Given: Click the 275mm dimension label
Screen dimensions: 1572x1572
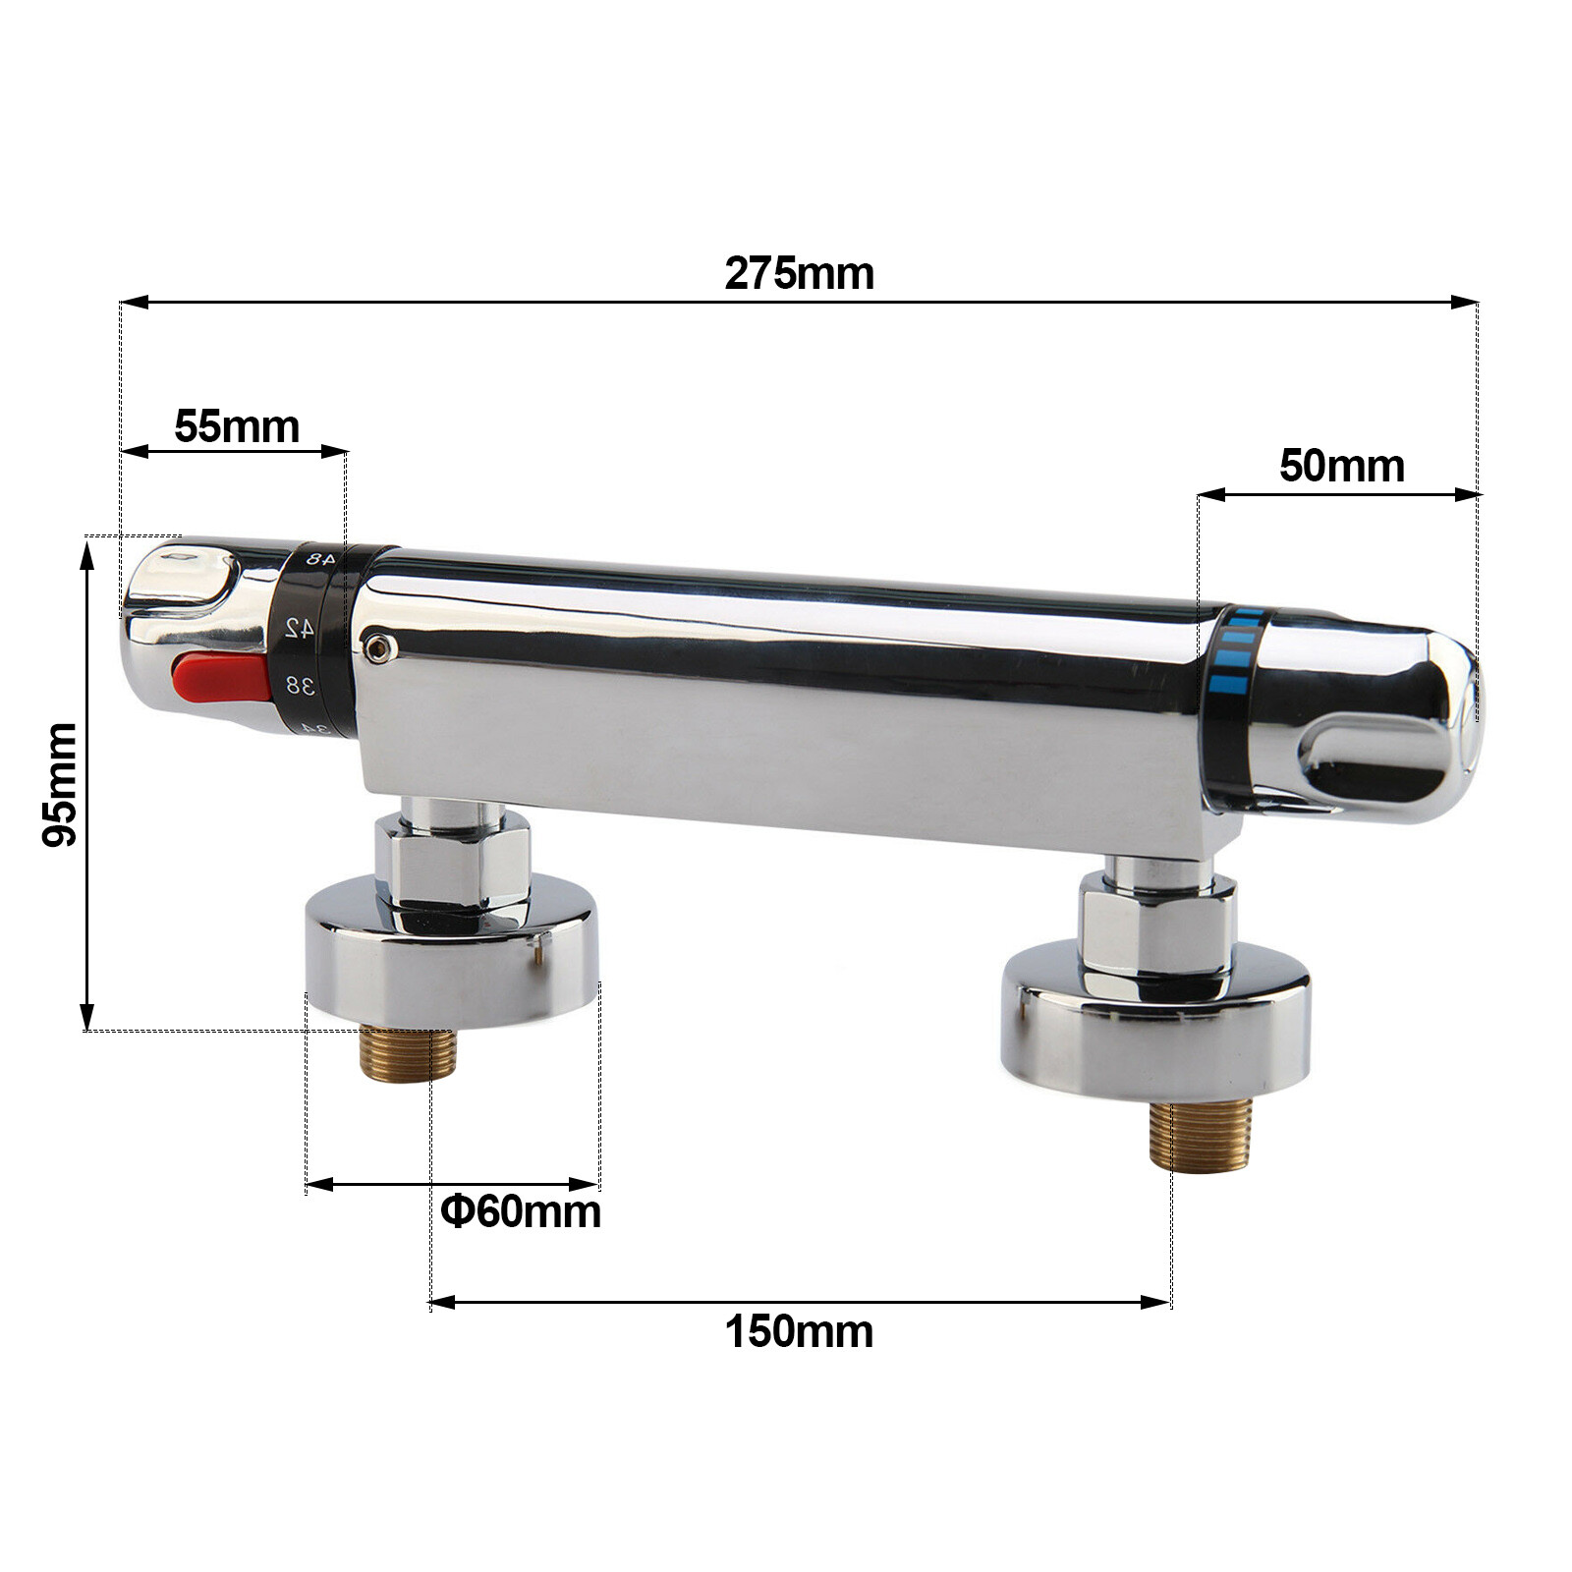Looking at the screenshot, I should (x=799, y=273).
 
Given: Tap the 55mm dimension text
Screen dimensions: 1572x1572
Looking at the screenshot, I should (x=237, y=426).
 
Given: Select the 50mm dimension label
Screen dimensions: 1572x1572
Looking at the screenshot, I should (x=1341, y=466).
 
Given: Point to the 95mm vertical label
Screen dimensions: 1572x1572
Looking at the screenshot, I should (x=60, y=783).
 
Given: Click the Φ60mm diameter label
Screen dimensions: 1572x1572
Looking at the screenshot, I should (x=521, y=1210).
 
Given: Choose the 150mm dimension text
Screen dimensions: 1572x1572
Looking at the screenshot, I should (x=799, y=1332).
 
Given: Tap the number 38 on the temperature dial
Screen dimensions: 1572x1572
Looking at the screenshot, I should (x=300, y=685).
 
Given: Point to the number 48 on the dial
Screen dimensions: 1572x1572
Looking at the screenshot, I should (x=319, y=558).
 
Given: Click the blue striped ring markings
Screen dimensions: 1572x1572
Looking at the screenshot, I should (x=1236, y=648).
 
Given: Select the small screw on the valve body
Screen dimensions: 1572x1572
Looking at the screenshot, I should (x=377, y=645).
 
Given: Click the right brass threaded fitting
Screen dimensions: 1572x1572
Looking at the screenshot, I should (x=1200, y=1137).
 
